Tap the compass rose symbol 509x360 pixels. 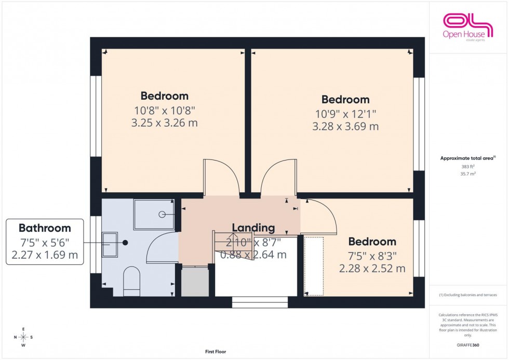pyautogui.click(x=23, y=337)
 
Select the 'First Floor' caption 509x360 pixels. pyautogui.click(x=216, y=352)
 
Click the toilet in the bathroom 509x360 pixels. pyautogui.click(x=131, y=281)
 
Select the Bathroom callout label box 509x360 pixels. pyautogui.click(x=45, y=242)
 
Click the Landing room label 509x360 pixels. pyautogui.click(x=253, y=228)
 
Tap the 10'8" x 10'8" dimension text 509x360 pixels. pyautogui.click(x=164, y=110)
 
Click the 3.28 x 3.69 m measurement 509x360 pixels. pyautogui.click(x=345, y=126)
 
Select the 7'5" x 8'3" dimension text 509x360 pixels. pyautogui.click(x=372, y=256)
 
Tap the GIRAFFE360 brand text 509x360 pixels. pyautogui.click(x=468, y=345)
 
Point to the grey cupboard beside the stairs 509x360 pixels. pyautogui.click(x=195, y=282)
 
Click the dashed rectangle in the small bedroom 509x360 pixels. pyautogui.click(x=314, y=266)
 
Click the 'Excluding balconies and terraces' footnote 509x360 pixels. pyautogui.click(x=468, y=295)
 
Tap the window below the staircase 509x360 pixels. pyautogui.click(x=260, y=302)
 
